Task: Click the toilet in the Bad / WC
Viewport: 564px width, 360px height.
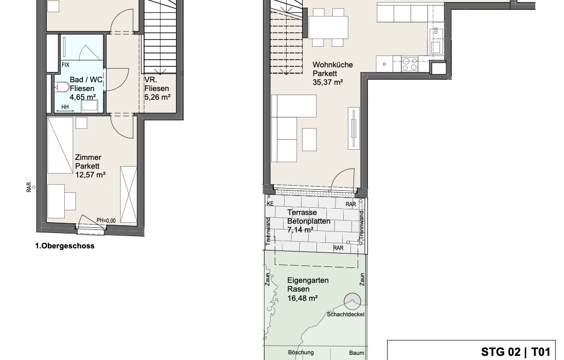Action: pos(63,87)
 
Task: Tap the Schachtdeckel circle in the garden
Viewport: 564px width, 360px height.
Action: pos(352,301)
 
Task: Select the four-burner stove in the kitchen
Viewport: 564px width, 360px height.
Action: pos(410,64)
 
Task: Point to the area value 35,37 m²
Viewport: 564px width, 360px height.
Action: pos(327,82)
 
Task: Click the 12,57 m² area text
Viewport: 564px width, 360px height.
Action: pos(90,175)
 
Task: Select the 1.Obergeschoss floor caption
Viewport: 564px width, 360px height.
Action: pos(65,246)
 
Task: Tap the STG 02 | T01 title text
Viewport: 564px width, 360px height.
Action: pos(516,352)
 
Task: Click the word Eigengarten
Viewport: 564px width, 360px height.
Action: pos(308,280)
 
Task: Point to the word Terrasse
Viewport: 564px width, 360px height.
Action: pos(302,212)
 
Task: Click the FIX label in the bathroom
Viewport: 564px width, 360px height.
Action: pos(65,65)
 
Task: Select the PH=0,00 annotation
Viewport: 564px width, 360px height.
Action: pos(106,221)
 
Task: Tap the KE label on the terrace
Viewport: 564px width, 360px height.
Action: pos(270,204)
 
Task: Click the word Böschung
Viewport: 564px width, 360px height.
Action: pos(301,352)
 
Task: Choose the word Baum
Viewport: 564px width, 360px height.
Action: pos(357,353)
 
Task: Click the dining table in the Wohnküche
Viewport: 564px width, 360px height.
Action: pos(328,27)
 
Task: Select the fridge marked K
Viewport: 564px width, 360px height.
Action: pos(384,64)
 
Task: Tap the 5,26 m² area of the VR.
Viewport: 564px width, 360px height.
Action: pos(157,97)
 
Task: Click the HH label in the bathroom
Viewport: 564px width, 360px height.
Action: pos(65,107)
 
